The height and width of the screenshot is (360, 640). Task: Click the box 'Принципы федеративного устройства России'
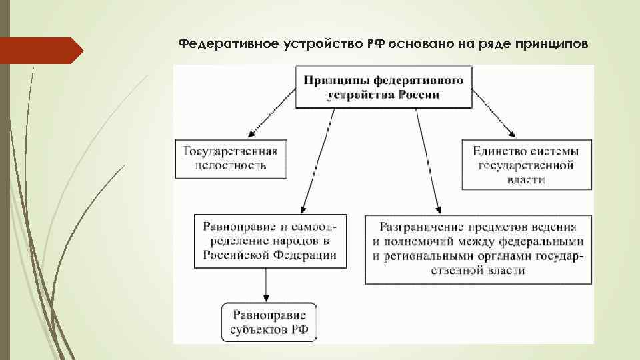coord(383,87)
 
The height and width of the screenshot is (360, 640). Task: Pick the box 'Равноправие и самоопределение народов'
coord(270,240)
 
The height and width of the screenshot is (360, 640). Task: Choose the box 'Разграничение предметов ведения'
coord(478,247)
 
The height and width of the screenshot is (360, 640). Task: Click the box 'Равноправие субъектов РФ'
coord(269,322)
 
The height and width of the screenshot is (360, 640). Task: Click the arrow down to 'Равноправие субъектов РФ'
coord(267,285)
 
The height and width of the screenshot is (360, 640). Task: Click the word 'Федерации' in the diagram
coord(308,255)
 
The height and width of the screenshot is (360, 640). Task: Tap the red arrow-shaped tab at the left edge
coord(40,51)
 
